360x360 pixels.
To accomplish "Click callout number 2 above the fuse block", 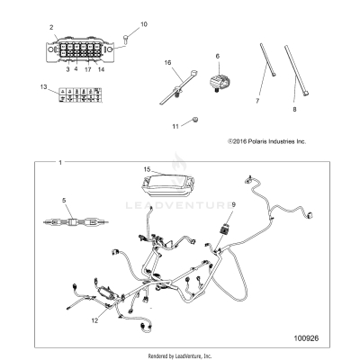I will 51,30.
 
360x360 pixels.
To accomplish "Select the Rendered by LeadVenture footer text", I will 180,355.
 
